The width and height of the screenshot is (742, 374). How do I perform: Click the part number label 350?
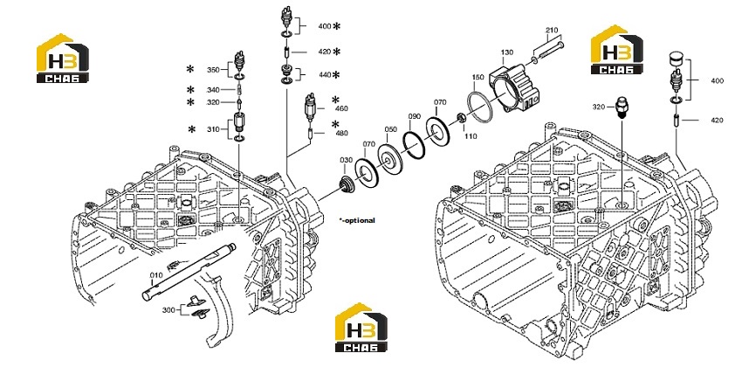coord(213,70)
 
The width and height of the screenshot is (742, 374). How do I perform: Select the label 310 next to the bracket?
coord(213,129)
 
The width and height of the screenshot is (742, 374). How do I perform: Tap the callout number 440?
coord(325,75)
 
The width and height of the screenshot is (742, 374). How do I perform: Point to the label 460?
coord(341,108)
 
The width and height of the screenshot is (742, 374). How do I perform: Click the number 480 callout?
coord(341,133)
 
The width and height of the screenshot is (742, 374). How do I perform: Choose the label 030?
coord(346,160)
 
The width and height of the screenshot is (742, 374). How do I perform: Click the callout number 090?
coord(415,116)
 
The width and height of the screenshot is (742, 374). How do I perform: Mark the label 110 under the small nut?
coord(471,136)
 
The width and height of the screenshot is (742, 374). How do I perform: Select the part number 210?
coord(552,31)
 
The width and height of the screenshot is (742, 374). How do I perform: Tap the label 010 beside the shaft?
coord(156,275)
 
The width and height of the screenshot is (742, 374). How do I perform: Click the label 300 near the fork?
coord(168,310)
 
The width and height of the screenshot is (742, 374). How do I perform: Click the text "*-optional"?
coord(357,220)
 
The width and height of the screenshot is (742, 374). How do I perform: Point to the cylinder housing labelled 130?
coord(516,90)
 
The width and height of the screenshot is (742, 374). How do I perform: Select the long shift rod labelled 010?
coord(189,271)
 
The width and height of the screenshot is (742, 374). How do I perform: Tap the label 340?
coord(213,90)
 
